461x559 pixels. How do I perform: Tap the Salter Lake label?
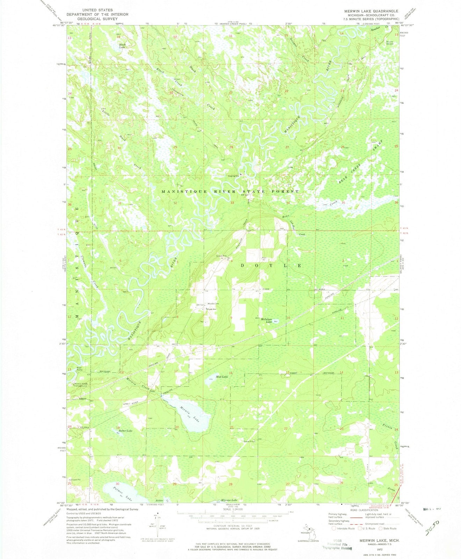126,431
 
